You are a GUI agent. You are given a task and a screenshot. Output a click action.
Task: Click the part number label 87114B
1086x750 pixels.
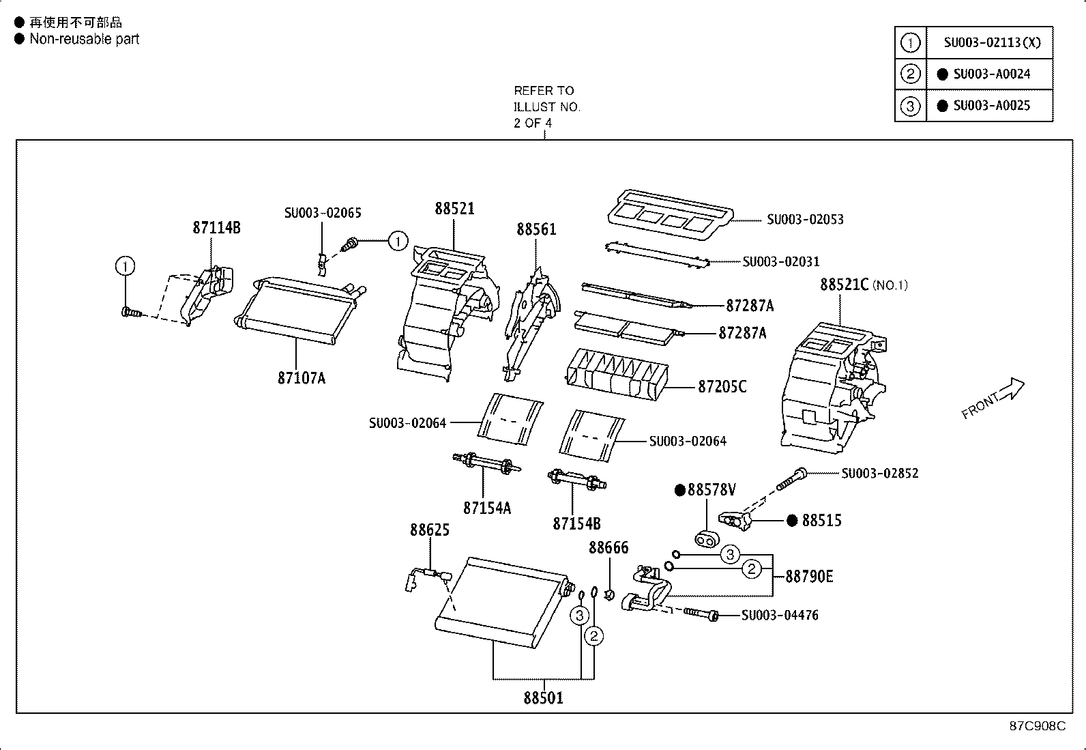pyautogui.click(x=216, y=227)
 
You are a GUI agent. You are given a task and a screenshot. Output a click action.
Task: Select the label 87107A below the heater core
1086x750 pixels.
pyautogui.click(x=301, y=378)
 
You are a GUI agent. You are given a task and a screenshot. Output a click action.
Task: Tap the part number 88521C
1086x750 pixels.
pyautogui.click(x=844, y=285)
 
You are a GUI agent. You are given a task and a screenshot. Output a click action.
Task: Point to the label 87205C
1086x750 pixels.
pyautogui.click(x=722, y=387)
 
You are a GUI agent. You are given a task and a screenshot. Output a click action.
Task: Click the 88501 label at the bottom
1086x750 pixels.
pyautogui.click(x=543, y=698)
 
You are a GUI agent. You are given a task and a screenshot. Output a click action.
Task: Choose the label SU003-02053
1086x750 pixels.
pyautogui.click(x=805, y=220)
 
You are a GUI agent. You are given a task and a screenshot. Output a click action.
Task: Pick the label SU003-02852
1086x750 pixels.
pyautogui.click(x=879, y=473)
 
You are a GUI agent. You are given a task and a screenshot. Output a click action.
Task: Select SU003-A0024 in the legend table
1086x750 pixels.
pyautogui.click(x=991, y=74)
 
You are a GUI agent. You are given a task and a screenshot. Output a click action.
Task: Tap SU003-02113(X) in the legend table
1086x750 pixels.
pyautogui.click(x=992, y=43)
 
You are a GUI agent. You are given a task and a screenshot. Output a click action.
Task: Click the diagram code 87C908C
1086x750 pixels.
pyautogui.click(x=1038, y=725)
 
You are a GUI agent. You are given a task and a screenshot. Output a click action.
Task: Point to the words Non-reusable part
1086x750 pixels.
pyautogui.click(x=85, y=39)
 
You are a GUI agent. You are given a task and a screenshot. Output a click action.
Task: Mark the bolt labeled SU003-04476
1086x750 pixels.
pyautogui.click(x=701, y=614)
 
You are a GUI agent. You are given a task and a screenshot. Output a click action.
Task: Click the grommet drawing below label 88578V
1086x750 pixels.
pyautogui.click(x=707, y=539)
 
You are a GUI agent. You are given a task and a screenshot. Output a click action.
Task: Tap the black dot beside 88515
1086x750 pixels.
pyautogui.click(x=792, y=521)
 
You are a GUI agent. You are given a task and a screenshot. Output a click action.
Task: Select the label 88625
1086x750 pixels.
pyautogui.click(x=430, y=530)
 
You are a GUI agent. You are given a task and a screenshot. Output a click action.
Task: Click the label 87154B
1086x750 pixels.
pyautogui.click(x=576, y=524)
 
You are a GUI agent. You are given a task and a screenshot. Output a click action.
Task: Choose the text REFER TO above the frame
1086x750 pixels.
pyautogui.click(x=544, y=91)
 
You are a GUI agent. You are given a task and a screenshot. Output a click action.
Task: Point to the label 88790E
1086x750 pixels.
pyautogui.click(x=809, y=577)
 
